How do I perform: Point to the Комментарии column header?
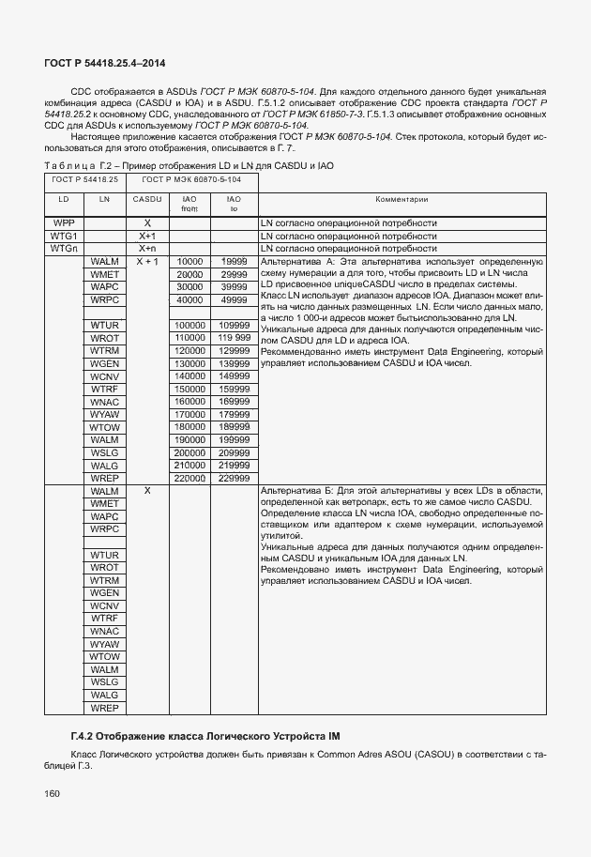[x=402, y=199]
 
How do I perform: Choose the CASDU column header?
[x=147, y=199]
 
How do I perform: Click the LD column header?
[x=63, y=199]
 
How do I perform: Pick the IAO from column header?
[x=189, y=204]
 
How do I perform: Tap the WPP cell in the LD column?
[x=63, y=223]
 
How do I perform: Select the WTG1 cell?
[x=63, y=237]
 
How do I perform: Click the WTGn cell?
[x=63, y=249]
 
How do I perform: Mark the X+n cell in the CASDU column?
[x=147, y=249]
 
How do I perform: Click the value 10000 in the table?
[x=189, y=262]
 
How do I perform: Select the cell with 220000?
[x=189, y=478]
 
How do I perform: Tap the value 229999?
[x=234, y=478]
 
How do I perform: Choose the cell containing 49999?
[x=234, y=299]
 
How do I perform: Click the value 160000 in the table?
[x=189, y=402]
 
